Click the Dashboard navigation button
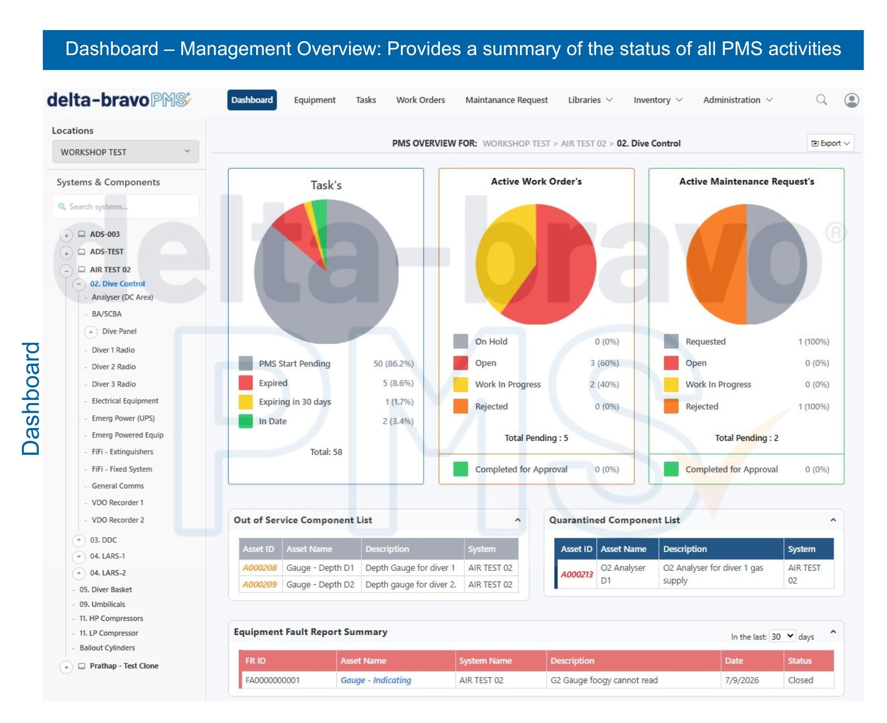pos(252,100)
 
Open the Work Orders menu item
pos(421,100)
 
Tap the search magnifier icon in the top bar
pos(821,99)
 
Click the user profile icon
pos(851,100)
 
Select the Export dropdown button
pos(830,143)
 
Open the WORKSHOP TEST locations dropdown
pos(126,152)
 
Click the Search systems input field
pos(126,207)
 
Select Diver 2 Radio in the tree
pos(114,367)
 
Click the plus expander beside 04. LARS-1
pos(79,557)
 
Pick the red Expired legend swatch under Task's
pos(246,383)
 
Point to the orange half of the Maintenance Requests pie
pos(717,264)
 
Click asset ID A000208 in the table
pos(259,568)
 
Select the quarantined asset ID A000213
pos(577,575)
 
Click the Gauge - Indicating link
pos(376,680)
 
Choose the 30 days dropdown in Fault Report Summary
pos(782,636)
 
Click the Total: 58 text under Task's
pos(326,452)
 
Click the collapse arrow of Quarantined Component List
pos(833,520)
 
